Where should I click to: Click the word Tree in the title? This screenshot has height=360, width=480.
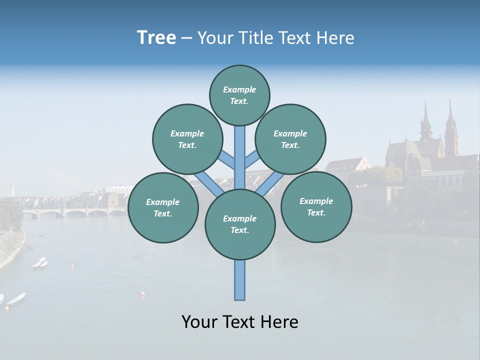pyautogui.click(x=156, y=38)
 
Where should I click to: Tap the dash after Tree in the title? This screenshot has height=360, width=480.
pyautogui.click(x=186, y=38)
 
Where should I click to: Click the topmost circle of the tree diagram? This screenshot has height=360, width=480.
pyautogui.click(x=239, y=95)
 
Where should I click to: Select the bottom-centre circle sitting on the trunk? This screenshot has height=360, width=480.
pyautogui.click(x=240, y=224)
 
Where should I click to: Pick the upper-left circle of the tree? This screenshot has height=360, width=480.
pyautogui.click(x=187, y=139)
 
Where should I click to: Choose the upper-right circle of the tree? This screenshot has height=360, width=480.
pyautogui.click(x=290, y=139)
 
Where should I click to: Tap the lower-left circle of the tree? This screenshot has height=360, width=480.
pyautogui.click(x=163, y=207)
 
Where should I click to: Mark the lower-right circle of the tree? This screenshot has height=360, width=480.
pyautogui.click(x=316, y=206)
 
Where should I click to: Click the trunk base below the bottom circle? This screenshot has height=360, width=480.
pyautogui.click(x=240, y=280)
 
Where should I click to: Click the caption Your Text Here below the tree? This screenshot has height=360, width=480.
pyautogui.click(x=240, y=322)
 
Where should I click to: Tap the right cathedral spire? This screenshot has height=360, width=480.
pyautogui.click(x=450, y=125)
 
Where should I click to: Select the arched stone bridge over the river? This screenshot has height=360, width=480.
pyautogui.click(x=75, y=212)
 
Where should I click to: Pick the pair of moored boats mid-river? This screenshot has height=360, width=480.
pyautogui.click(x=40, y=263)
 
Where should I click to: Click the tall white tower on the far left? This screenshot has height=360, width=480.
pyautogui.click(x=12, y=189)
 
